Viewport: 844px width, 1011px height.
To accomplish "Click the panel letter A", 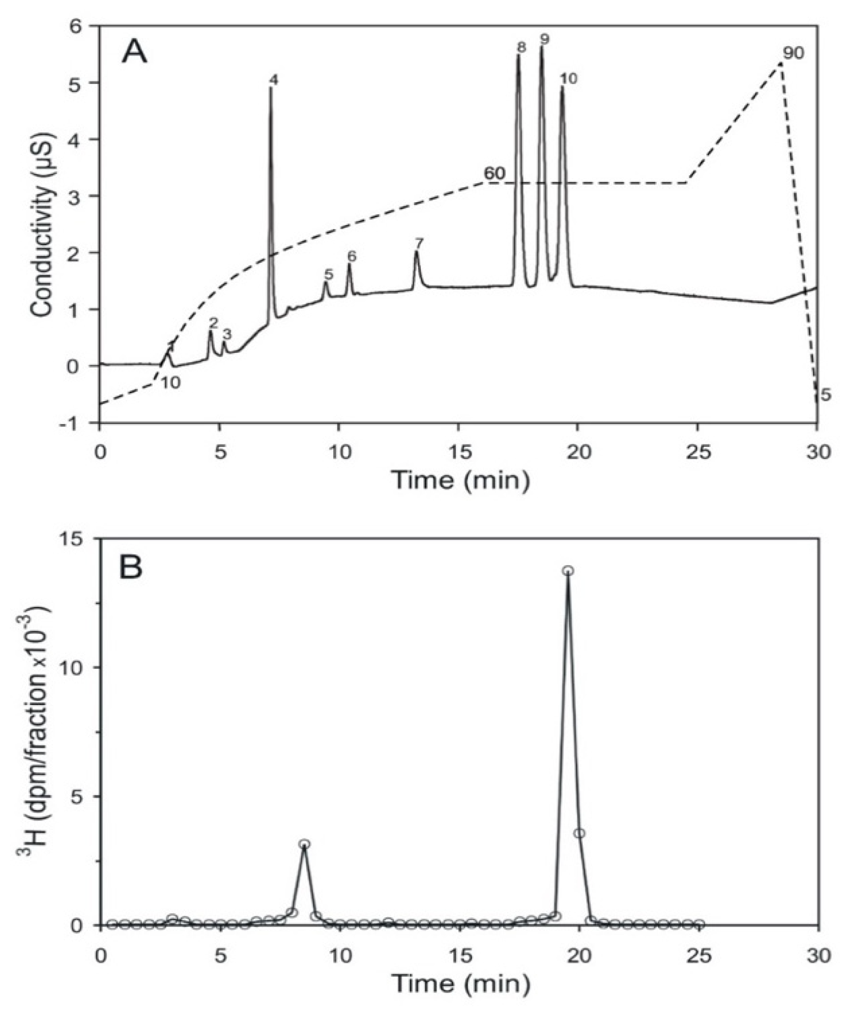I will point(134,52).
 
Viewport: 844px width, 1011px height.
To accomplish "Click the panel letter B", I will point(131,568).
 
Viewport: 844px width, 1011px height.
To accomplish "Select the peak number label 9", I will point(544,39).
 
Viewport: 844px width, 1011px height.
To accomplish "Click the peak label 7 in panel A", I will point(419,242).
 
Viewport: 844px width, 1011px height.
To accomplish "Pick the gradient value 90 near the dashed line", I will point(793,53).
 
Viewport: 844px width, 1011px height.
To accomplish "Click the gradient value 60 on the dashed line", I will point(494,174).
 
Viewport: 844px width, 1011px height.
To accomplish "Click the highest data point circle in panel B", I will point(568,571).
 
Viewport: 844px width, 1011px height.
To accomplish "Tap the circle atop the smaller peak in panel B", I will point(304,844).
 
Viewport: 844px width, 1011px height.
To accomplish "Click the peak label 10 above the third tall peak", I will point(568,78).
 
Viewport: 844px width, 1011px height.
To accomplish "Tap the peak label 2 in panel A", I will point(213,323).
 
